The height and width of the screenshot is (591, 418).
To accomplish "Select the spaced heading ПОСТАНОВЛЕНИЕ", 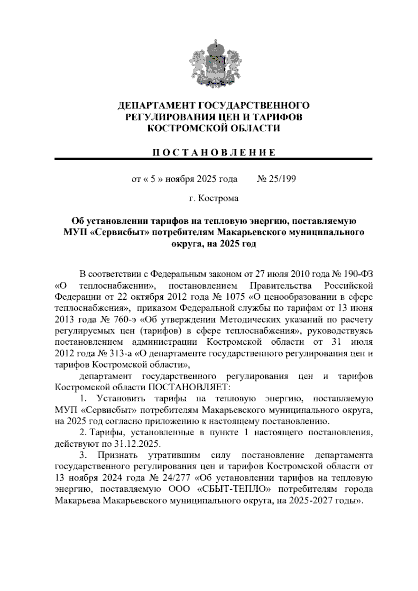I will click(214, 152).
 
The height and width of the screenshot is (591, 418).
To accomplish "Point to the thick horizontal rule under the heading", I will click(214, 159).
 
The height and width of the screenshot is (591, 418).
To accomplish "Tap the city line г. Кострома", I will click(214, 199).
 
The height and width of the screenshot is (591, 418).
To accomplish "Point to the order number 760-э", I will click(124, 320).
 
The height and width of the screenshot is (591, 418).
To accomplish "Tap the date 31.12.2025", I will click(137, 444).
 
